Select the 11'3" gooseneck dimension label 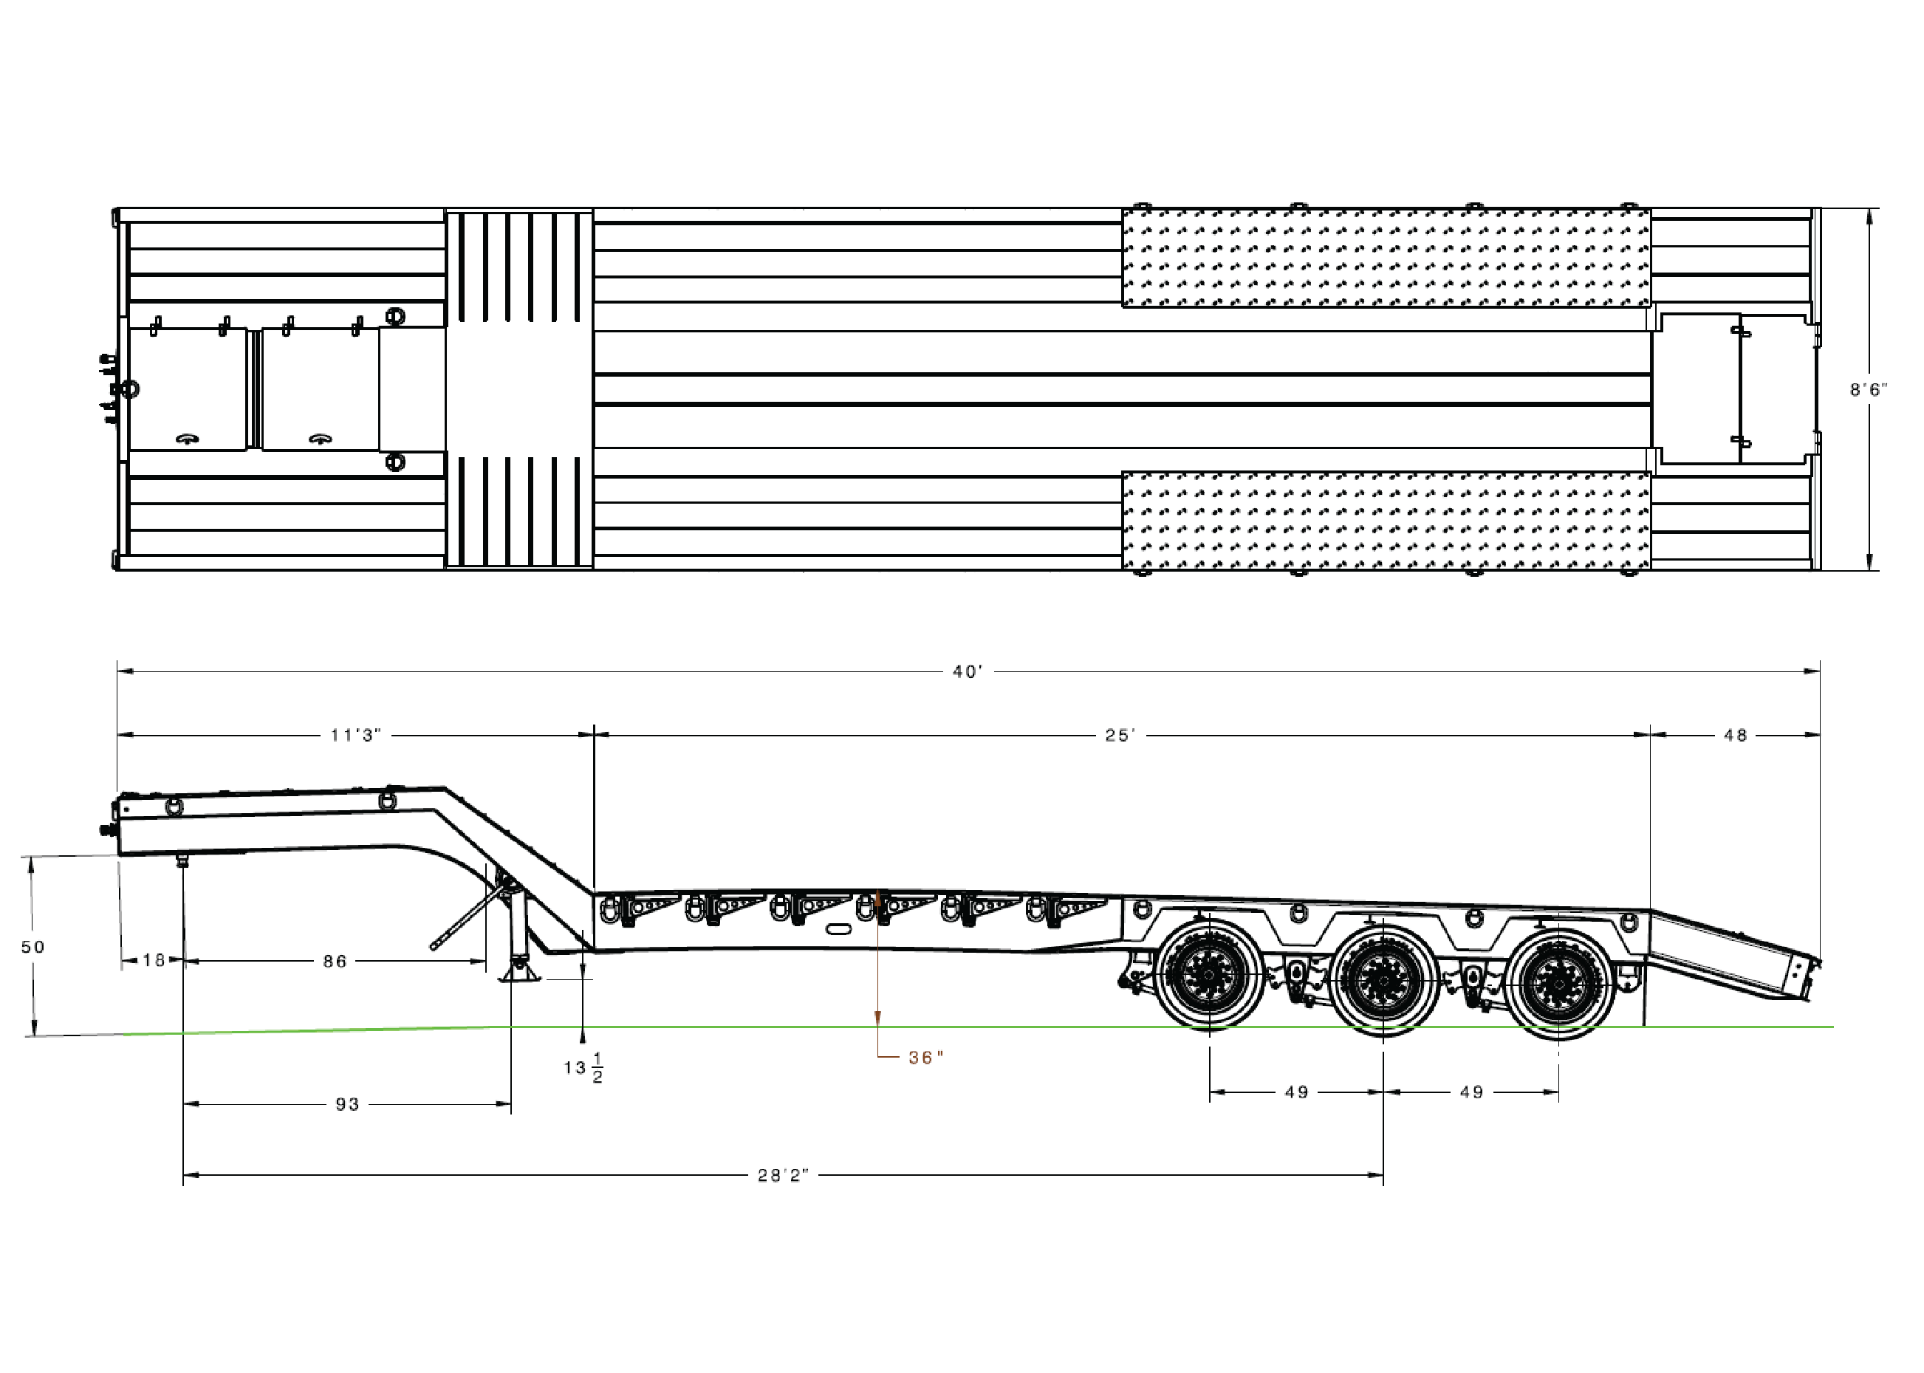click(x=356, y=736)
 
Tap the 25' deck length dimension click(x=1120, y=736)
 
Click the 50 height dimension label click(x=33, y=947)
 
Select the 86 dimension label click(x=335, y=962)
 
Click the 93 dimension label click(x=347, y=1104)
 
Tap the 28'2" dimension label click(x=784, y=1176)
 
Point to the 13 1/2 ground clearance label click(x=584, y=1069)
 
